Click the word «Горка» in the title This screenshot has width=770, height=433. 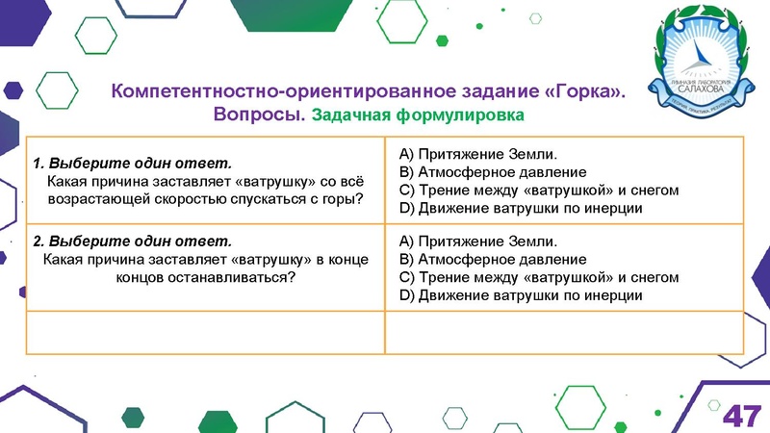583,92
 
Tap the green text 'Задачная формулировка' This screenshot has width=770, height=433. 419,116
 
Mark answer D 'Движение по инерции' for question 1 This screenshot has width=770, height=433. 520,209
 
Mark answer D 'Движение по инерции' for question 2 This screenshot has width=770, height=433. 520,295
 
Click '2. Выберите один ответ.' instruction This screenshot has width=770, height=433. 132,241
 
